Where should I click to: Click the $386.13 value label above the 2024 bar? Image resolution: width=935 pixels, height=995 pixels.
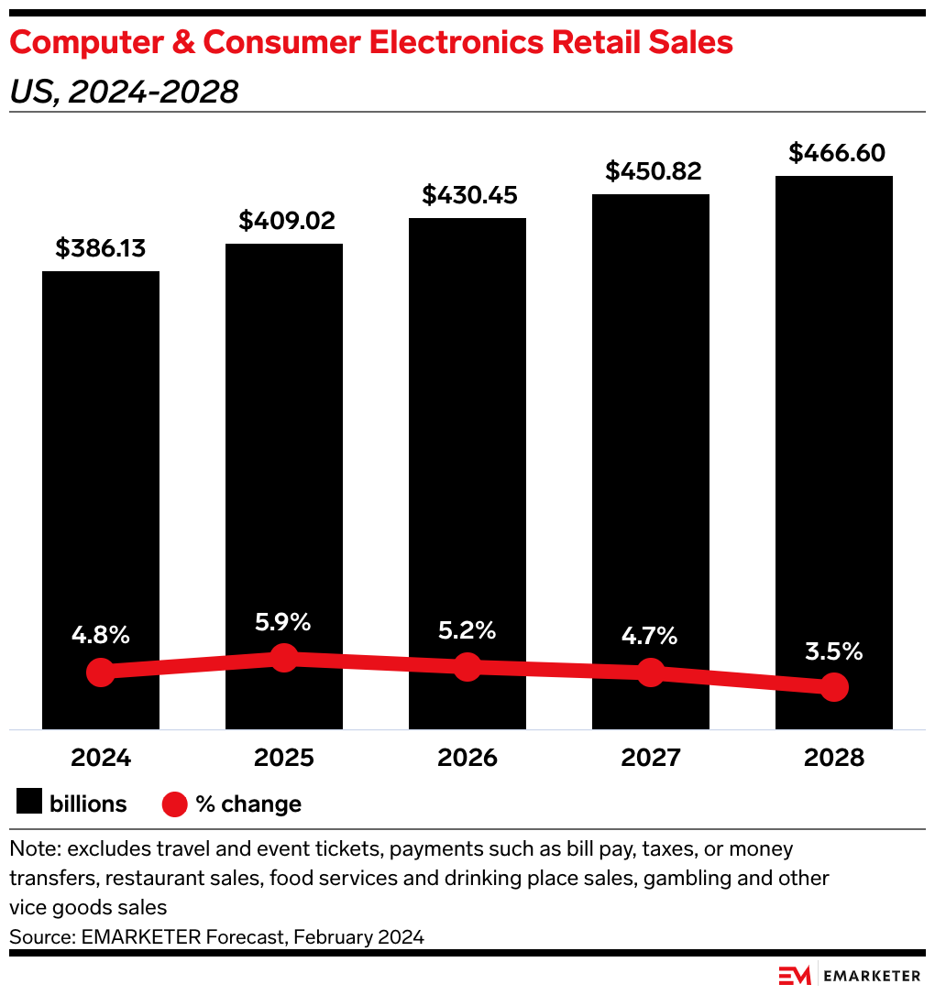(x=101, y=248)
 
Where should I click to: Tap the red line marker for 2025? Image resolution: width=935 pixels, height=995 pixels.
(x=284, y=657)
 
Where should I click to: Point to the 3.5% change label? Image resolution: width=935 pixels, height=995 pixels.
(x=833, y=651)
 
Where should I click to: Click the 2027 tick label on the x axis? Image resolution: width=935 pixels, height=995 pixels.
(x=650, y=758)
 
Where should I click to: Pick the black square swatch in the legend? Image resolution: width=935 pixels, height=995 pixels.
(x=29, y=804)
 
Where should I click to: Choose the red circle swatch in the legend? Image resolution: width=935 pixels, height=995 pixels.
(x=175, y=804)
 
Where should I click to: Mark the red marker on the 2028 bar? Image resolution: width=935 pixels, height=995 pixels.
(x=833, y=686)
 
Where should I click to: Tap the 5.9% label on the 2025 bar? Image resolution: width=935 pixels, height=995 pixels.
(x=283, y=623)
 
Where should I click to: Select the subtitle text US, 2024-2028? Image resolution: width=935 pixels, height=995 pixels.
(x=124, y=92)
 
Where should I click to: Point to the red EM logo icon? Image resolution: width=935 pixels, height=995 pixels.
(x=795, y=976)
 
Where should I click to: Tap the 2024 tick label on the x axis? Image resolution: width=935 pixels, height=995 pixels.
(x=101, y=758)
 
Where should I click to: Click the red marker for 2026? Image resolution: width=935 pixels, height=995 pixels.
(x=467, y=666)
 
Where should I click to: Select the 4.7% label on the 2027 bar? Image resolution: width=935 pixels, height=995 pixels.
(x=650, y=636)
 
